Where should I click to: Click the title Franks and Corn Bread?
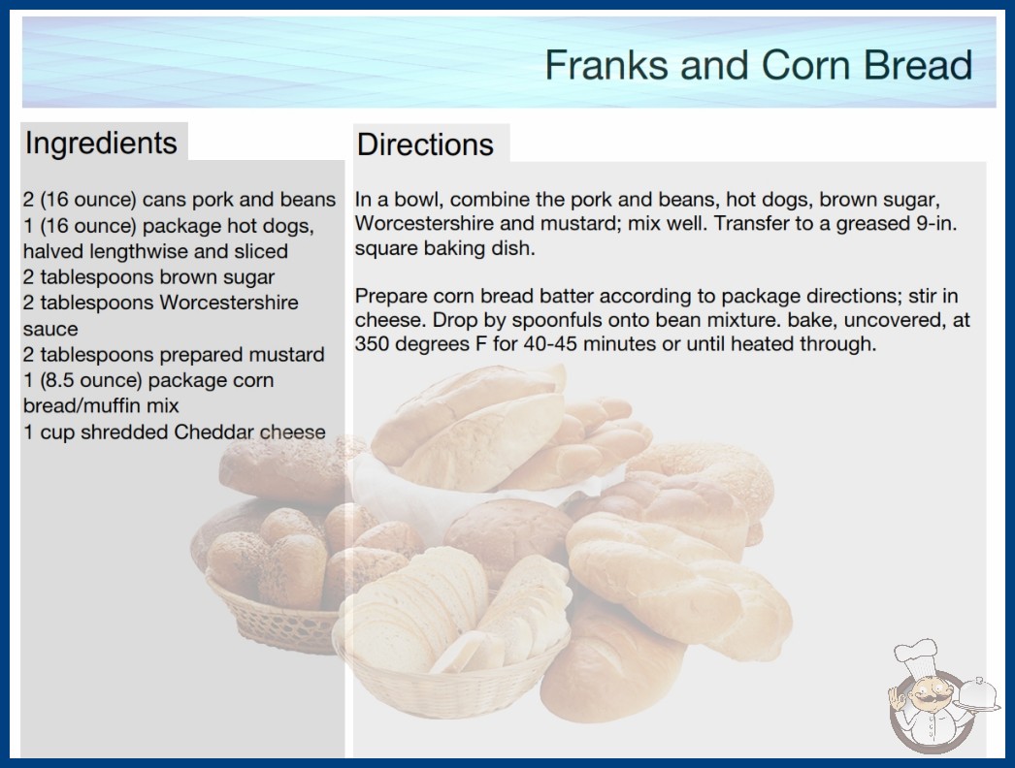click(759, 65)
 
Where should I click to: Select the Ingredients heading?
click(101, 143)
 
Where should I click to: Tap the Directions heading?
click(425, 144)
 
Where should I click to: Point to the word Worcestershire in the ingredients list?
click(228, 303)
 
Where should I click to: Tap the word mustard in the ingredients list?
click(286, 355)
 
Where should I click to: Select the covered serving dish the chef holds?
click(977, 695)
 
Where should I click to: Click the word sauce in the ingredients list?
click(50, 330)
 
